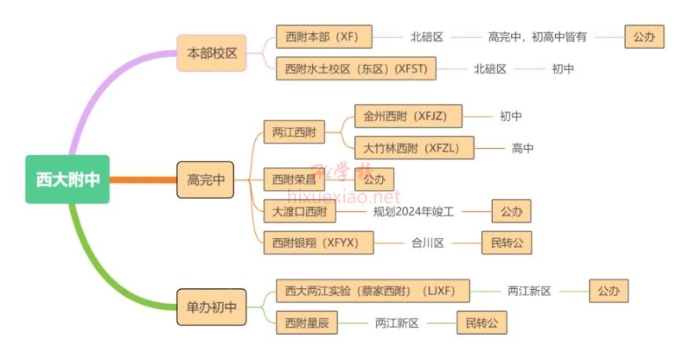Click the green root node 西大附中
pos(67,180)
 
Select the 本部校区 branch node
pos(212,54)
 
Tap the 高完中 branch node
pos(206,180)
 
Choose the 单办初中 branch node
pos(212,306)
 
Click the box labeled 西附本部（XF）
pos(324,37)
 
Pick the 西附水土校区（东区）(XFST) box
pos(356,69)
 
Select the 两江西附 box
pos(294,132)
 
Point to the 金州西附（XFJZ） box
pos(408,117)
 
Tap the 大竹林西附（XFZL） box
pos(414,148)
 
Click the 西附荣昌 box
pos(293,180)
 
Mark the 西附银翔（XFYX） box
pos(318,243)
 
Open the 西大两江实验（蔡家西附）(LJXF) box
pos(372,291)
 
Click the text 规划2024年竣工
pos(425,211)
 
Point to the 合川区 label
pos(428,243)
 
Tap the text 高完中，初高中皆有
pos(537,37)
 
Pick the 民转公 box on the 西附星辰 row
pos(482,323)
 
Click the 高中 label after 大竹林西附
pos(523,148)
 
